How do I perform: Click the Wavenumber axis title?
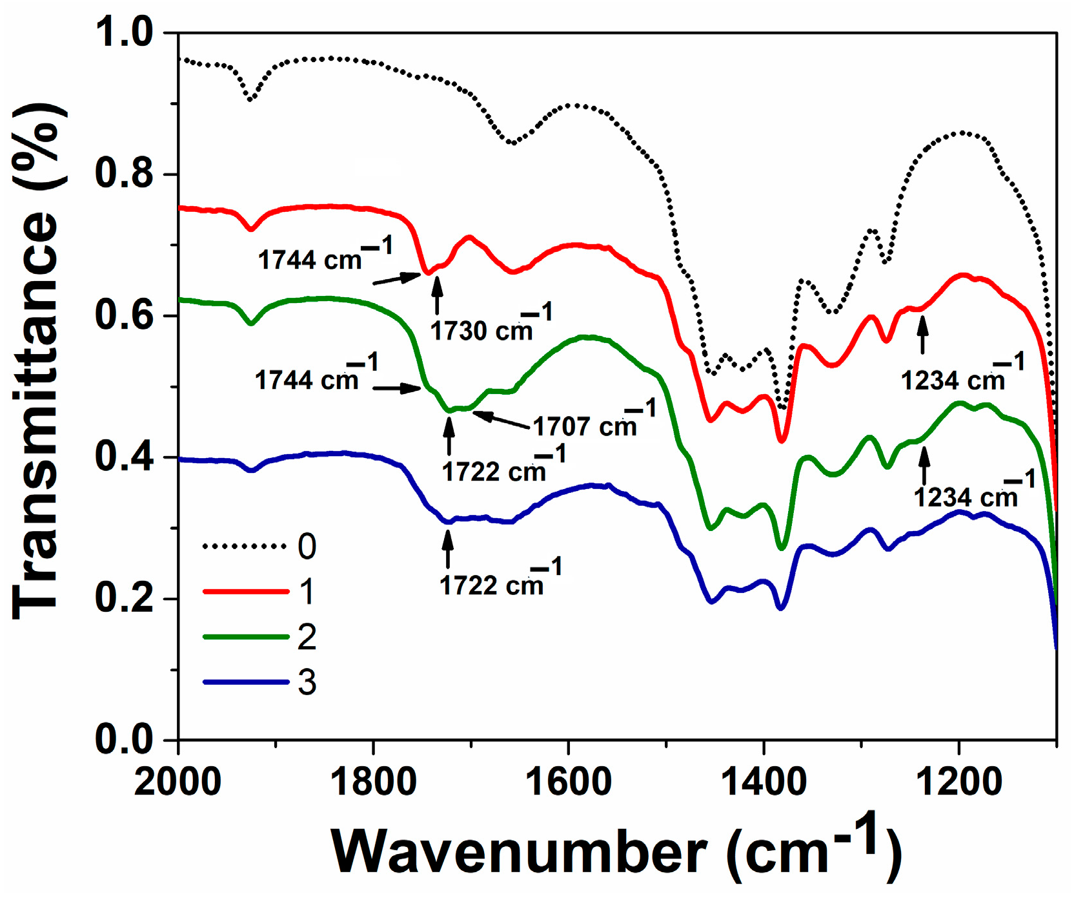(x=616, y=851)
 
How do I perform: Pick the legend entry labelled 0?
(x=307, y=547)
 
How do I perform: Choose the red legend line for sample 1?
(x=245, y=591)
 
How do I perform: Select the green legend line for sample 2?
(x=245, y=637)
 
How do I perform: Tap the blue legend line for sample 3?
(x=245, y=682)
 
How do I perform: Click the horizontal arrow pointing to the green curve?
(x=396, y=388)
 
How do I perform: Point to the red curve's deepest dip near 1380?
(x=782, y=441)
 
